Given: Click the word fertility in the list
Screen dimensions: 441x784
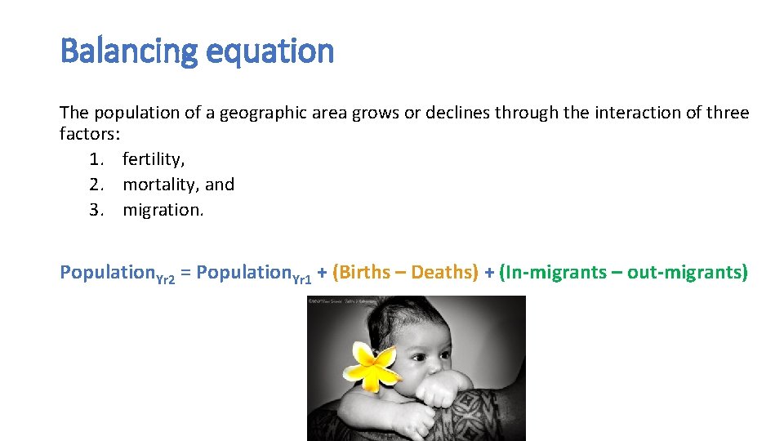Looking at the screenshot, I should coord(153,159).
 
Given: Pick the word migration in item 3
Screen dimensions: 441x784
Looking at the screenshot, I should coord(163,210).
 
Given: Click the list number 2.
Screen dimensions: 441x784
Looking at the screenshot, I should coord(96,185).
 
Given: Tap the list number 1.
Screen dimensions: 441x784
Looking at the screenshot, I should coord(96,159).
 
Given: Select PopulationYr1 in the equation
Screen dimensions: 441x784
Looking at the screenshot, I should coord(254,273).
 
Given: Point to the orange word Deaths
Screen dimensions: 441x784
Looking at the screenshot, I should coord(443,272).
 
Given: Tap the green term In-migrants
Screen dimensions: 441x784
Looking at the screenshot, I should coord(557,272).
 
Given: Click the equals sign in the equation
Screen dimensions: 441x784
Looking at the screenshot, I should coord(185,273).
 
